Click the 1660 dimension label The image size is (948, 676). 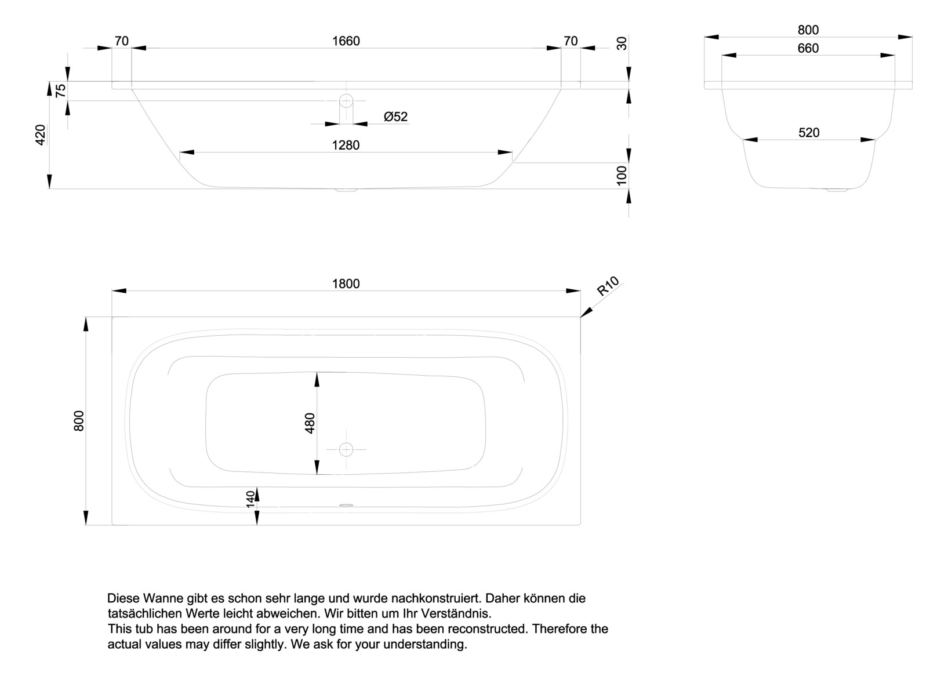click(346, 41)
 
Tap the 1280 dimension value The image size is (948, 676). click(346, 145)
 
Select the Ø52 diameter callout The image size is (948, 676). click(395, 117)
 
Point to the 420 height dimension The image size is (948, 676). click(41, 135)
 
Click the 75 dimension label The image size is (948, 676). click(60, 91)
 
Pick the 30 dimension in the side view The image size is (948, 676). click(622, 43)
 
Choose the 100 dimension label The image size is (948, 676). click(622, 175)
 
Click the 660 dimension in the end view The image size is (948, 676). click(808, 48)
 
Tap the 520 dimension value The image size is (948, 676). click(809, 133)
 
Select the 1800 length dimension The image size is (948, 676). click(346, 284)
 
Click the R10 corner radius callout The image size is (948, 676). click(608, 286)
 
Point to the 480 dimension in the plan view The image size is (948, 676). click(310, 423)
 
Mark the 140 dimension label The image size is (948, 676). click(250, 499)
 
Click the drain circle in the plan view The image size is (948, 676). click(346, 449)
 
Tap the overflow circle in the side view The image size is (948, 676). click(346, 101)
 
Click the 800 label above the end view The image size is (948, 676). click(808, 30)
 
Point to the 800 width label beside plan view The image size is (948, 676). click(79, 421)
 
